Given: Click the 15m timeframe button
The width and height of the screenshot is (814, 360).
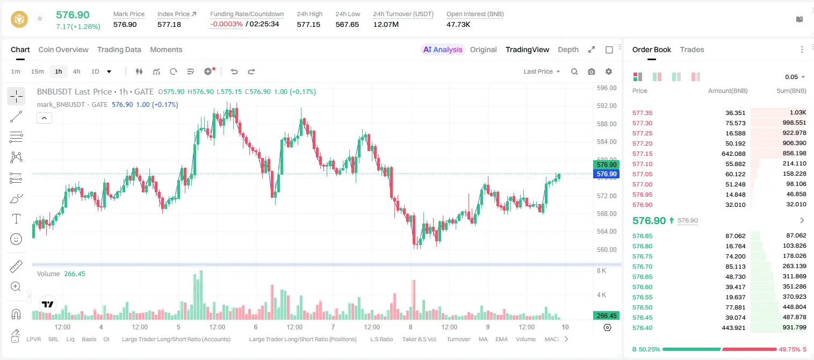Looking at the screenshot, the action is click(38, 71).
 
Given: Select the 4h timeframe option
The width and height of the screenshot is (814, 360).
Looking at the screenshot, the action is click(76, 71).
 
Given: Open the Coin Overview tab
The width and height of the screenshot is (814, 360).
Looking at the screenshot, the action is click(63, 49).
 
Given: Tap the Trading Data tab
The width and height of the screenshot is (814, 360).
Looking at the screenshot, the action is click(119, 49).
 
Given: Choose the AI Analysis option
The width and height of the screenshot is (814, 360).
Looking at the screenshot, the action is click(443, 49).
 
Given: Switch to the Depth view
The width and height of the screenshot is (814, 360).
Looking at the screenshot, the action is click(568, 49).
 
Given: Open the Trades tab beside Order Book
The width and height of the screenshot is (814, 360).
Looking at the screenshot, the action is click(692, 49).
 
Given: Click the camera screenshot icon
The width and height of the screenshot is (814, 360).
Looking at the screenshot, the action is click(592, 71).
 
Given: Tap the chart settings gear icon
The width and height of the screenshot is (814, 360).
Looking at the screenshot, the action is click(609, 71).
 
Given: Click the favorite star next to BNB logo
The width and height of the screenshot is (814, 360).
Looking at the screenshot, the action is click(40, 18).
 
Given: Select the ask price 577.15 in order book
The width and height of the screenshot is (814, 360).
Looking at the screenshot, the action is click(642, 154).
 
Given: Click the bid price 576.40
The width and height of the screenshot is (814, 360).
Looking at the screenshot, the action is click(642, 328).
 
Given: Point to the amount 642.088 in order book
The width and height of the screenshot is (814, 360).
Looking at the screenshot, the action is click(733, 154).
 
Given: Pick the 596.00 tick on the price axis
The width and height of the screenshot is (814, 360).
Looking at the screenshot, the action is click(607, 88).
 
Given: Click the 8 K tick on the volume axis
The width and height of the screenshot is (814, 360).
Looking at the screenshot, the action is click(601, 271).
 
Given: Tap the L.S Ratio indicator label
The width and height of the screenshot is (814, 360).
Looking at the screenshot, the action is click(381, 339).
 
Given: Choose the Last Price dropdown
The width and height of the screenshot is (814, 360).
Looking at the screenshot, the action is click(542, 71).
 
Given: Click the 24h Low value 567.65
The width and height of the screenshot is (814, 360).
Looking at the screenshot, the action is click(347, 24).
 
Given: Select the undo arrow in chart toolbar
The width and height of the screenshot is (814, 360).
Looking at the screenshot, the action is click(234, 71).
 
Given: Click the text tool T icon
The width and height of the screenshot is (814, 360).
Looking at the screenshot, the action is click(16, 219).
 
